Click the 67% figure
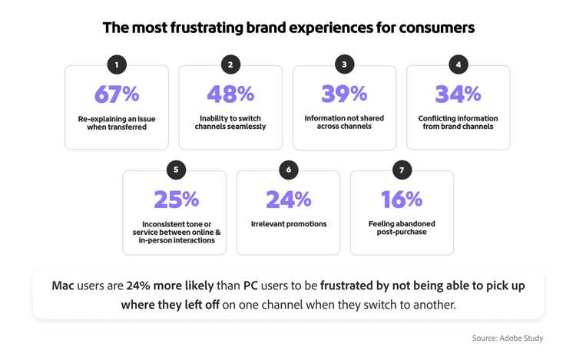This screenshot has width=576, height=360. tap(117, 94)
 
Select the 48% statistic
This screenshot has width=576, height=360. tap(230, 94)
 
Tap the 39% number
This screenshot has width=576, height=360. tap(344, 94)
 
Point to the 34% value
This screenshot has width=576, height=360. tap(458, 94)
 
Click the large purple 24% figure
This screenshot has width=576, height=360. tap(288, 199)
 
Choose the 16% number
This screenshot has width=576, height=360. tap(402, 199)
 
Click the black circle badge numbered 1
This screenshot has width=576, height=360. tap(117, 64)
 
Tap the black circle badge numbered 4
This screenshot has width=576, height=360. tap(458, 64)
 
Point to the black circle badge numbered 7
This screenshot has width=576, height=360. tap(402, 170)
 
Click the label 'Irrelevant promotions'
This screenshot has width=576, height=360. tap(288, 224)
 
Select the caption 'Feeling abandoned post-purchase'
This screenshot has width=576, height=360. tap(402, 228)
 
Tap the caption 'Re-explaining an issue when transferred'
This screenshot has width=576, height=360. tap(117, 123)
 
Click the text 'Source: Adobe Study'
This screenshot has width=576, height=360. tap(508, 337)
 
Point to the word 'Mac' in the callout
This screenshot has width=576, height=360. tap(63, 286)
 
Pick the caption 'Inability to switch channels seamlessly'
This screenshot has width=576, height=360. tap(230, 123)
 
